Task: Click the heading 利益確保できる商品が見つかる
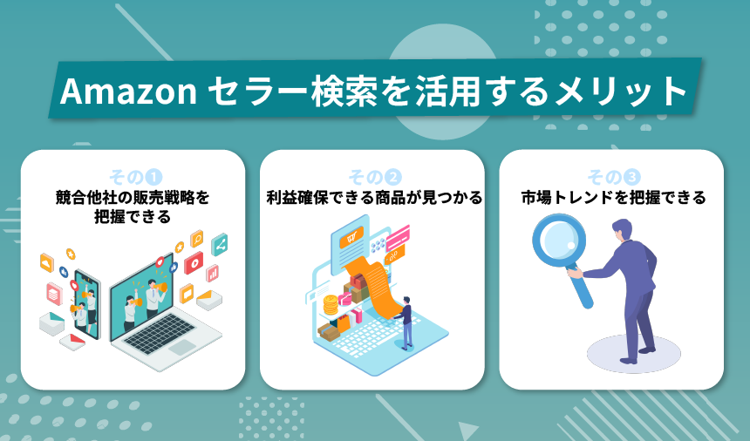pos(372,198)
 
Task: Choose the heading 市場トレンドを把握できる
pos(611,198)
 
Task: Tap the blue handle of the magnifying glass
pos(583,288)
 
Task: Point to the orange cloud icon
pos(46,261)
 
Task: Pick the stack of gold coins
pos(331,306)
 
